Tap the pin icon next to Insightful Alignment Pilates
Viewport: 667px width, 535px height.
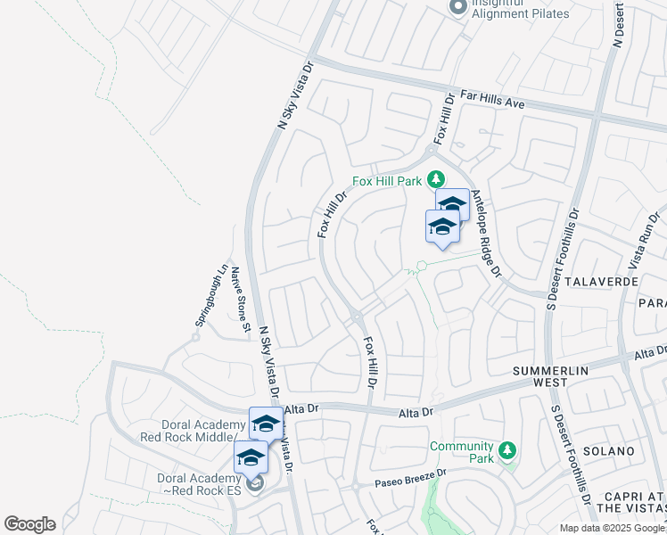coord(458,7)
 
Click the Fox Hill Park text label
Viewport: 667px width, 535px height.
coord(387,180)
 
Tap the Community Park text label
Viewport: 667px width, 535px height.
coord(461,452)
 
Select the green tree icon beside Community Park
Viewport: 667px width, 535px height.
coord(507,451)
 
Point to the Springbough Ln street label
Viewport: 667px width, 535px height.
coord(211,295)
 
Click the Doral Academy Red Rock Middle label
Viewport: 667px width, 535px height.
coord(193,431)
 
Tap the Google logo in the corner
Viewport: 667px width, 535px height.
coord(29,524)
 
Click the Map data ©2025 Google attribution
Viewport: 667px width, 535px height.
coord(613,528)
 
